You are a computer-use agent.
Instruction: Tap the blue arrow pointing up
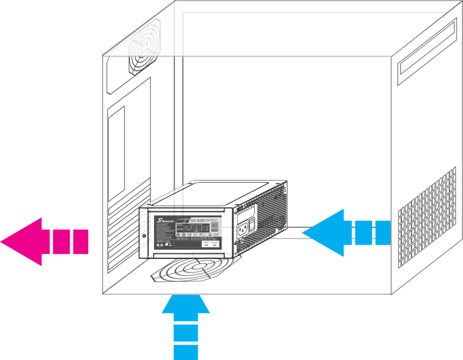click(x=186, y=305)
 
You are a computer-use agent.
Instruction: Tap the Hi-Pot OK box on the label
click(x=206, y=244)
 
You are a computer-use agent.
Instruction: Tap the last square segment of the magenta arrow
click(x=80, y=242)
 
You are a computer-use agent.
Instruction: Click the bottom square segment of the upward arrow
click(x=186, y=352)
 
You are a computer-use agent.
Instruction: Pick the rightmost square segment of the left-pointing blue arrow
click(x=382, y=232)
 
